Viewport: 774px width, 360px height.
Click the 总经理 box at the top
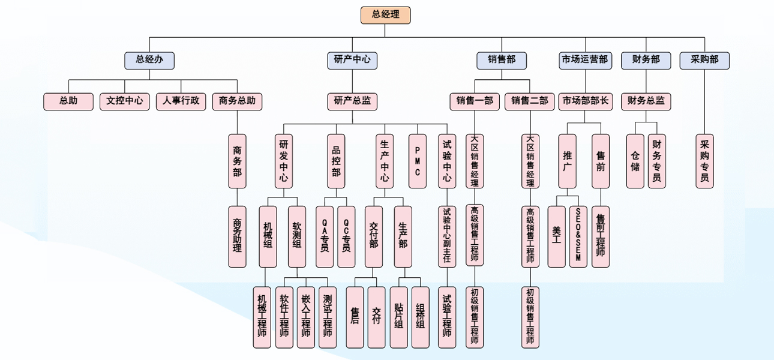(x=385, y=15)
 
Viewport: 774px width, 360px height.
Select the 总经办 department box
(x=149, y=60)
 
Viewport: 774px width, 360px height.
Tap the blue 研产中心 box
(x=352, y=60)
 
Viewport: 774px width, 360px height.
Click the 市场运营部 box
(x=584, y=60)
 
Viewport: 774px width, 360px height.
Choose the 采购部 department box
(x=704, y=60)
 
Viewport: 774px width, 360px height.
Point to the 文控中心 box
(x=125, y=101)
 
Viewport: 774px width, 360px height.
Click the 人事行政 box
(x=181, y=101)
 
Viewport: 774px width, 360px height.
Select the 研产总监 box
(x=352, y=101)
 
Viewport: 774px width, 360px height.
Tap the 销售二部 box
(x=529, y=101)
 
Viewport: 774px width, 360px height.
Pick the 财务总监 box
(x=646, y=101)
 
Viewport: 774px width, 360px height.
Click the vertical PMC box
(x=418, y=161)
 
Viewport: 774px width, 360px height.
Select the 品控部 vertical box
(x=336, y=161)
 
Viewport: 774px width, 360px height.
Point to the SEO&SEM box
(x=578, y=236)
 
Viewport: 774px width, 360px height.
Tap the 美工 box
(x=556, y=236)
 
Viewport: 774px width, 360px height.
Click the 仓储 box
(x=635, y=161)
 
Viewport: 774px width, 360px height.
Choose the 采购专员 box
(x=704, y=161)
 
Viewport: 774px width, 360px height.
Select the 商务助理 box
(x=237, y=236)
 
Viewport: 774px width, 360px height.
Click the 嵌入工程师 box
(x=306, y=316)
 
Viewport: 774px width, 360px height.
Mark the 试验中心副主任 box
(x=447, y=236)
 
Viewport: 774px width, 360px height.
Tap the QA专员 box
(x=325, y=236)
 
